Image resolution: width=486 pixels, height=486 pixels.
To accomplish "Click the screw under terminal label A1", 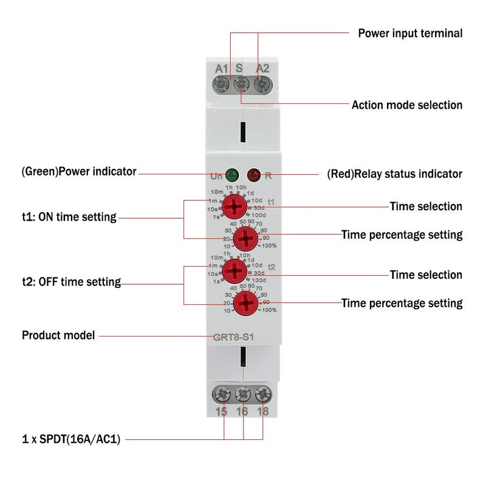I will pos(222,83).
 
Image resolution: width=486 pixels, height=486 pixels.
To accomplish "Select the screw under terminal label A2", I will pos(261,83).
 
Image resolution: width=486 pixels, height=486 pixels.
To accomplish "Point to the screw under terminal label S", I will pos(241,83).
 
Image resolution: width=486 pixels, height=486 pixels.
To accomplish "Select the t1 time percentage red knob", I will pos(245,239).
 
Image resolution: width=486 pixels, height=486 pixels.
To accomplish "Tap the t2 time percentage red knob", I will pos(245,302).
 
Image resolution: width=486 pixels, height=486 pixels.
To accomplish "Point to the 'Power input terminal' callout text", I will pos(410,33).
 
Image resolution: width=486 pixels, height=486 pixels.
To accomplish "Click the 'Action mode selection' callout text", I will pos(407,105).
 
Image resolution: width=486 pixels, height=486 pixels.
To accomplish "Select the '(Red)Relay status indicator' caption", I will pos(395,174).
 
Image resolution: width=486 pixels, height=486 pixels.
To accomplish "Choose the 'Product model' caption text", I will pos(58,335).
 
